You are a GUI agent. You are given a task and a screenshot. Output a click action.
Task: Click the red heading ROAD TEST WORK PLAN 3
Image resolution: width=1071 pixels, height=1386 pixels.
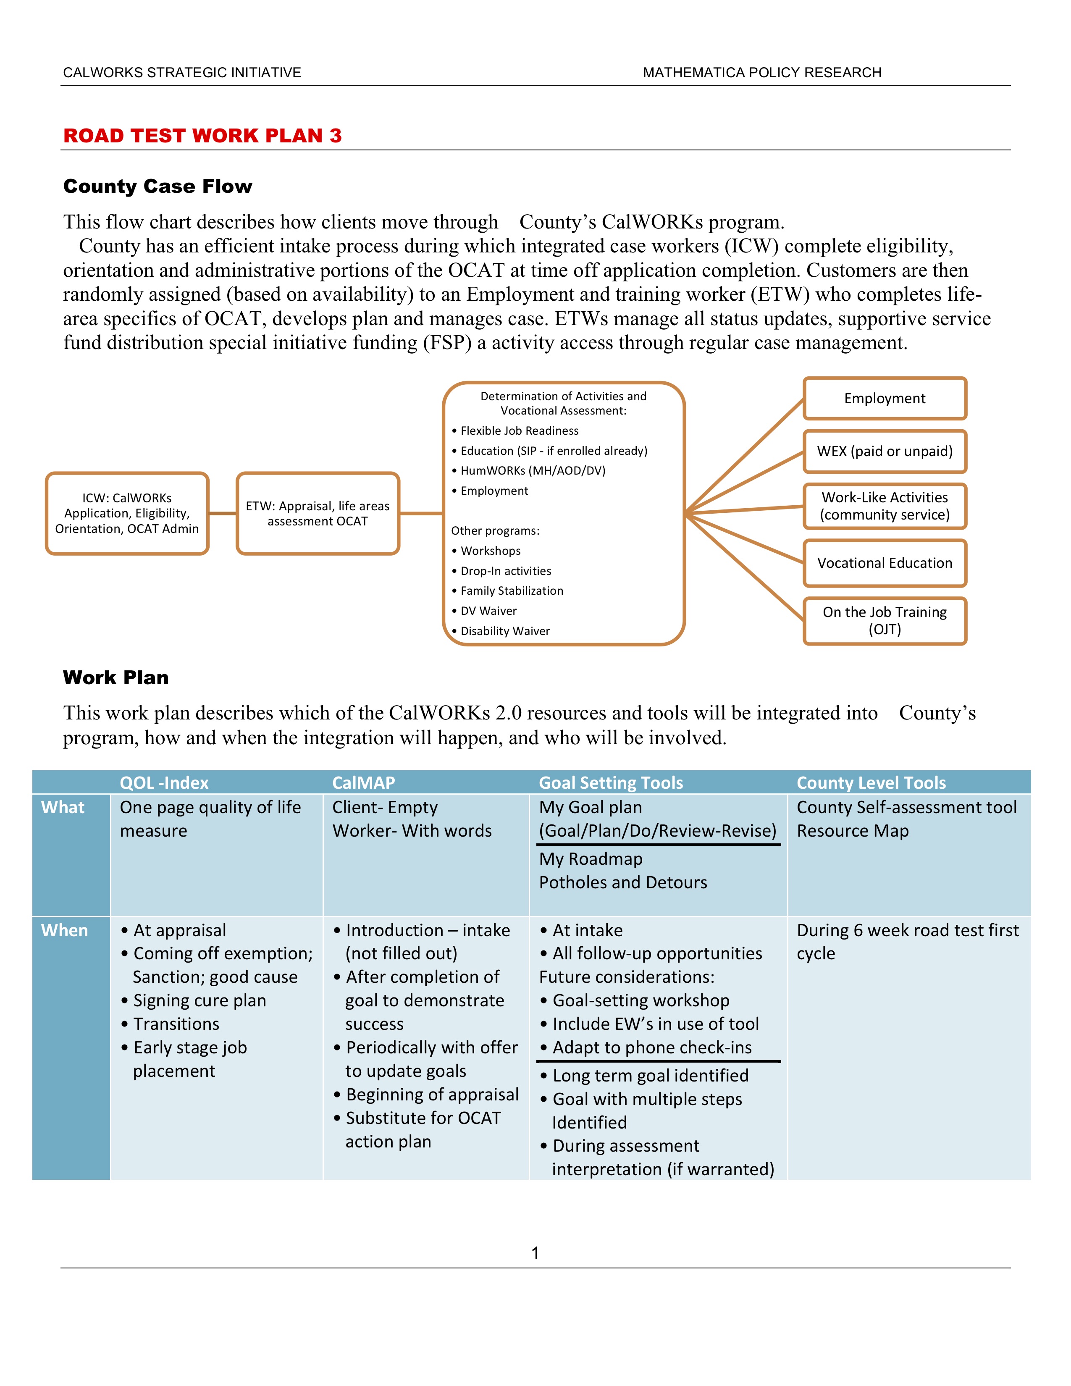pyautogui.click(x=202, y=136)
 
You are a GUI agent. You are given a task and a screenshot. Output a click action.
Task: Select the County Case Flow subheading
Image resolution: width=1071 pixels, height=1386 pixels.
pyautogui.click(x=157, y=186)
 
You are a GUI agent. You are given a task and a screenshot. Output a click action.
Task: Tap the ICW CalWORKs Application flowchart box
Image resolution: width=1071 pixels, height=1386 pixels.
pyautogui.click(x=127, y=513)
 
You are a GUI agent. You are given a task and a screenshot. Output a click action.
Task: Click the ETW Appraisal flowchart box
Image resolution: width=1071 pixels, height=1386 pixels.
pyautogui.click(x=318, y=513)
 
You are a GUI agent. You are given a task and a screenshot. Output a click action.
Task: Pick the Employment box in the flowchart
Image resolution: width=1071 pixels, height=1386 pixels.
pyautogui.click(x=885, y=399)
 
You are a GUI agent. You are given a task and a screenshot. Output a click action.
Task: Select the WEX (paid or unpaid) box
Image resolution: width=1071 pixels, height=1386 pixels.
pyautogui.click(x=885, y=451)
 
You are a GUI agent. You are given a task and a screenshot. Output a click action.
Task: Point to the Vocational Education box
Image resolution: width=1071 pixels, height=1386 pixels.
pyautogui.click(x=885, y=563)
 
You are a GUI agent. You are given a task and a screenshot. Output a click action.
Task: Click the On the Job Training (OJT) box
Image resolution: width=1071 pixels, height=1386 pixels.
pyautogui.click(x=885, y=621)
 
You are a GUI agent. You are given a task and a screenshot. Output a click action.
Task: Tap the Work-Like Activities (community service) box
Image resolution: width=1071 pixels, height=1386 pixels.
pyautogui.click(x=885, y=507)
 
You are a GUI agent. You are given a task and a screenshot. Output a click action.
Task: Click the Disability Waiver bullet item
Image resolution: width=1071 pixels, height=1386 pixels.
pyautogui.click(x=505, y=631)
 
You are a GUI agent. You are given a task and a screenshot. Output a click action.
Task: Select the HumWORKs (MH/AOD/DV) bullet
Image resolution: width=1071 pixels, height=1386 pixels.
pyautogui.click(x=533, y=470)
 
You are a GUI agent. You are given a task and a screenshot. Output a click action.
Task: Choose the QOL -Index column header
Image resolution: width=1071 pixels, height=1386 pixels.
pyautogui.click(x=164, y=782)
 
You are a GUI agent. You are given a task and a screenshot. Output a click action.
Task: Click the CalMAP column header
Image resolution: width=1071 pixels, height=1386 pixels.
pyautogui.click(x=364, y=782)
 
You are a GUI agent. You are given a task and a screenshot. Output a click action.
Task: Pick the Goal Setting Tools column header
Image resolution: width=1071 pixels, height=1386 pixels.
pyautogui.click(x=611, y=782)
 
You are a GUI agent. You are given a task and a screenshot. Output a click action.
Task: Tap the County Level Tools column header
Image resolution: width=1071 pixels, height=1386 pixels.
pyautogui.click(x=871, y=782)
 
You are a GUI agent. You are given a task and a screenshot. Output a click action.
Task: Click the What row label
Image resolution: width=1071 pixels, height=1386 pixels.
pyautogui.click(x=63, y=807)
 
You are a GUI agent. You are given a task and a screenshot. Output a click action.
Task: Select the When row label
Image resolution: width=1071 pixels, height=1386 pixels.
pyautogui.click(x=65, y=930)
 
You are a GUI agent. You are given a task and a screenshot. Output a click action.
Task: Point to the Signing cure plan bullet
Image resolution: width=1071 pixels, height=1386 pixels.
pyautogui.click(x=199, y=1001)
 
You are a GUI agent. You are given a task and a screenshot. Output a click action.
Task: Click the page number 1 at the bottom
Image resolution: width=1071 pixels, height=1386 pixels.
pyautogui.click(x=535, y=1253)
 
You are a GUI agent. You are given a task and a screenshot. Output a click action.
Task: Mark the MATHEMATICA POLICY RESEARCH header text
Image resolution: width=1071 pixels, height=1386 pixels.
pyautogui.click(x=762, y=72)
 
